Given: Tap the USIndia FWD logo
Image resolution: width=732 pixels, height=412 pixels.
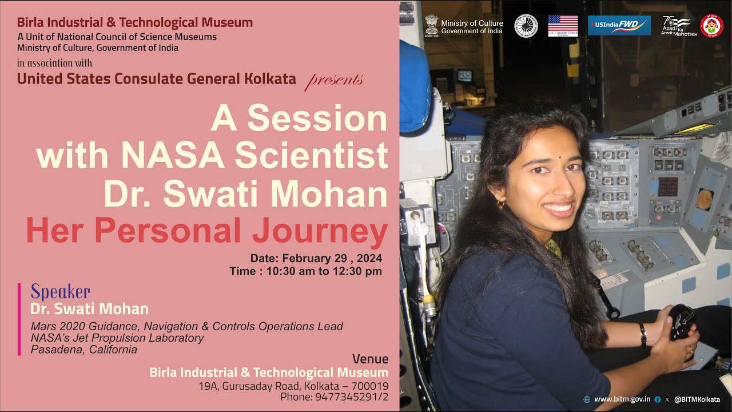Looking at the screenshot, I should (619, 25).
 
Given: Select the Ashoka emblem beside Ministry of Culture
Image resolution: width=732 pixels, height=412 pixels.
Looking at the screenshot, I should (431, 26).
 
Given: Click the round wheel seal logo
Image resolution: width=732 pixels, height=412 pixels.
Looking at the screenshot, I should (526, 26).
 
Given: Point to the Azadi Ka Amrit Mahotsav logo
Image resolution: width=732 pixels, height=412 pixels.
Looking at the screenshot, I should (677, 26).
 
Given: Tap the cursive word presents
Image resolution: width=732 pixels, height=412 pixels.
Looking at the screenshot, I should (334, 80).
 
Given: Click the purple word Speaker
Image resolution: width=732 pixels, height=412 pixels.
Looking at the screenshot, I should (60, 292).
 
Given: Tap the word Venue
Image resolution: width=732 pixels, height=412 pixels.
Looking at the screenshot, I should (370, 359).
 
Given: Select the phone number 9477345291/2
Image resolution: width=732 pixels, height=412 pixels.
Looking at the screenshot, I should (352, 396).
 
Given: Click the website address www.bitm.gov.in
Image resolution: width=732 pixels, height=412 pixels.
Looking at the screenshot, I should (622, 399).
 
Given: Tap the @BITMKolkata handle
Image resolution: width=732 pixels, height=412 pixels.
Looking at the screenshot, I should (697, 399).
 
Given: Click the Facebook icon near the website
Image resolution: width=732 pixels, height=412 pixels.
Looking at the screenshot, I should (658, 399).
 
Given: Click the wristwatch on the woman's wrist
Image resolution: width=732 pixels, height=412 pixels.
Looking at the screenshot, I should (643, 335).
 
